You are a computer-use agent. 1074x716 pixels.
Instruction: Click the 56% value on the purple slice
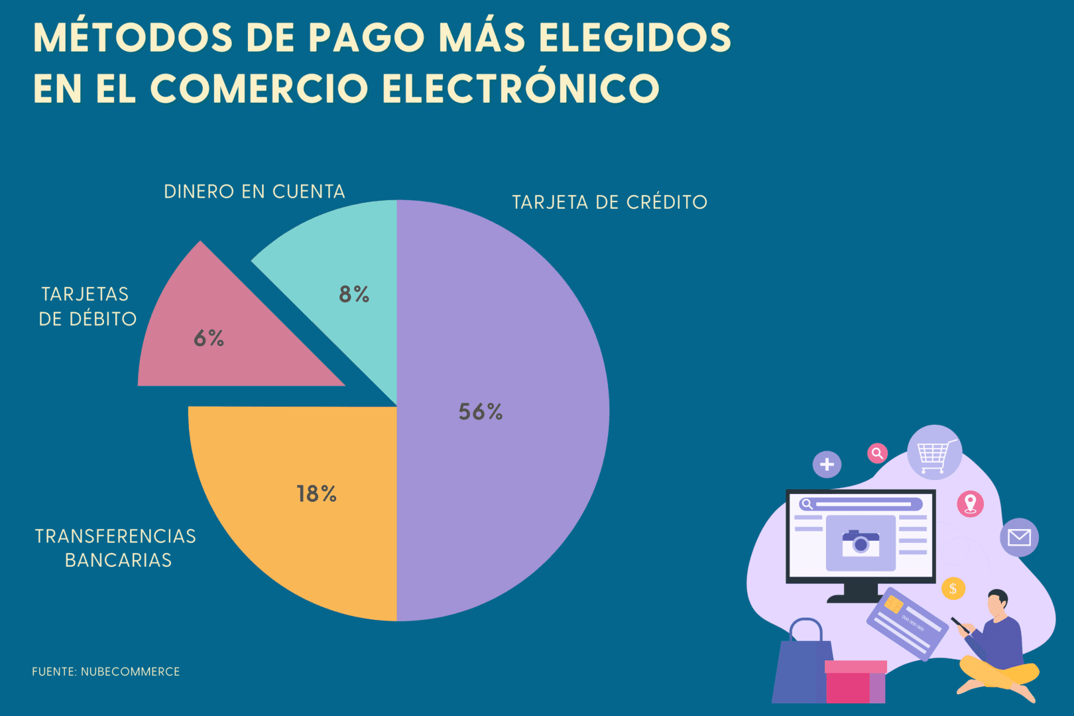tap(481, 412)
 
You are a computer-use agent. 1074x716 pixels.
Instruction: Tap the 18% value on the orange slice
tap(316, 494)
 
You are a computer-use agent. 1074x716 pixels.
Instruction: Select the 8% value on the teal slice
tap(354, 294)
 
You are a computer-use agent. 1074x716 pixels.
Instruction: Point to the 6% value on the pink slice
tap(209, 338)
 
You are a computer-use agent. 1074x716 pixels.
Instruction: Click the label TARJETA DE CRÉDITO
tap(609, 202)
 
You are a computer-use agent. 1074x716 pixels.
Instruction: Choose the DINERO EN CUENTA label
tap(255, 192)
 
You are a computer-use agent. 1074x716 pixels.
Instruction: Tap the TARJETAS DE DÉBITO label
tap(87, 306)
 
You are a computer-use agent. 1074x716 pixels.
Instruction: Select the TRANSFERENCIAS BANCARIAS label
tap(116, 548)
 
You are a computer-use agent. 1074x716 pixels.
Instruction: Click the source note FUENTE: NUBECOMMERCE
tap(106, 672)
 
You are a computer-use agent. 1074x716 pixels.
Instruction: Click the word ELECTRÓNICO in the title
tap(520, 88)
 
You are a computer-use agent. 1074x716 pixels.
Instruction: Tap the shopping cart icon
tap(934, 453)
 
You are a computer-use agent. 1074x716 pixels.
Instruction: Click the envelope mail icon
tap(1019, 537)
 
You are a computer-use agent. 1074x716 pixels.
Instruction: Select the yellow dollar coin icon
tap(953, 588)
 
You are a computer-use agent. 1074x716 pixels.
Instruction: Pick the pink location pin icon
tap(970, 504)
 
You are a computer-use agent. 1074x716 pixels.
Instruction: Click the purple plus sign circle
tap(827, 464)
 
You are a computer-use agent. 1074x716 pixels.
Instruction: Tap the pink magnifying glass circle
tap(877, 453)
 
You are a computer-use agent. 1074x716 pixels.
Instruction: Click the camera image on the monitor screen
tap(861, 543)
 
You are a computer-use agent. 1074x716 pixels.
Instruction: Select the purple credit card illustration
tap(908, 623)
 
